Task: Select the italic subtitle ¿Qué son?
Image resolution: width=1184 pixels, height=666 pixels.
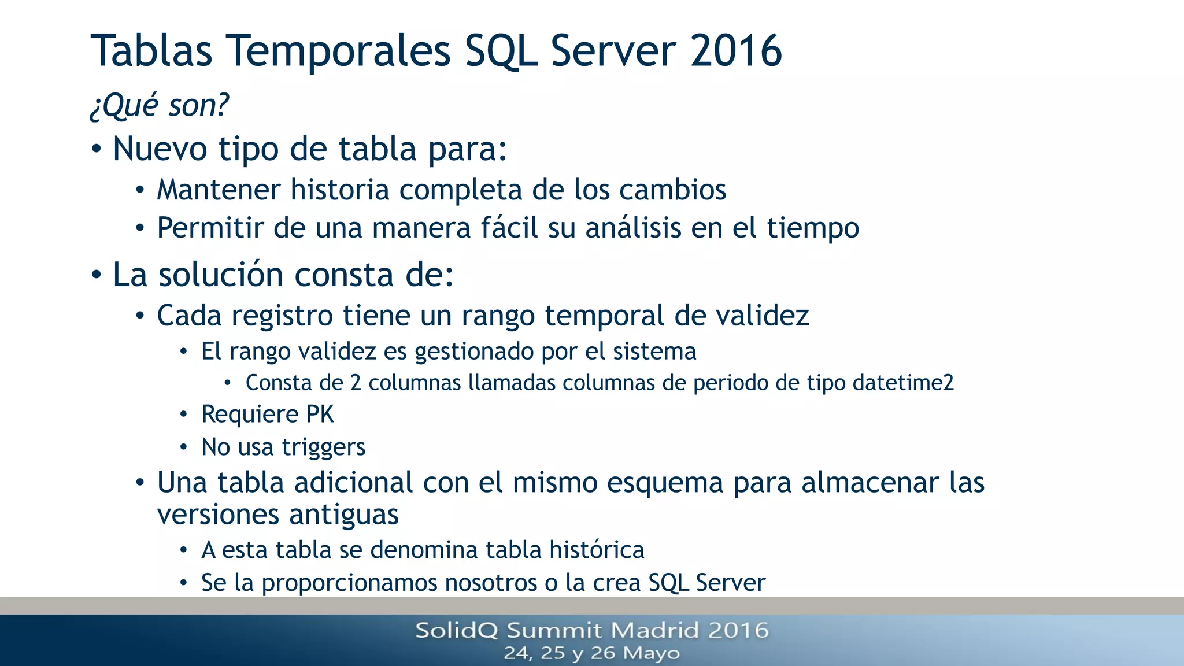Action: (x=160, y=105)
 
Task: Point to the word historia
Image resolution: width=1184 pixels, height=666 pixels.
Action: (x=340, y=190)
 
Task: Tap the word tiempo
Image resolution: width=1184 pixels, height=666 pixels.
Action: (x=813, y=228)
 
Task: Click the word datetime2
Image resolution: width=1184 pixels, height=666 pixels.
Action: (x=902, y=383)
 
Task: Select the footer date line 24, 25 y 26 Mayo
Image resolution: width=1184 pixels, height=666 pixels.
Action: (x=591, y=653)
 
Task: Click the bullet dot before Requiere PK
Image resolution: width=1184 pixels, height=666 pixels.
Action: (x=183, y=415)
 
